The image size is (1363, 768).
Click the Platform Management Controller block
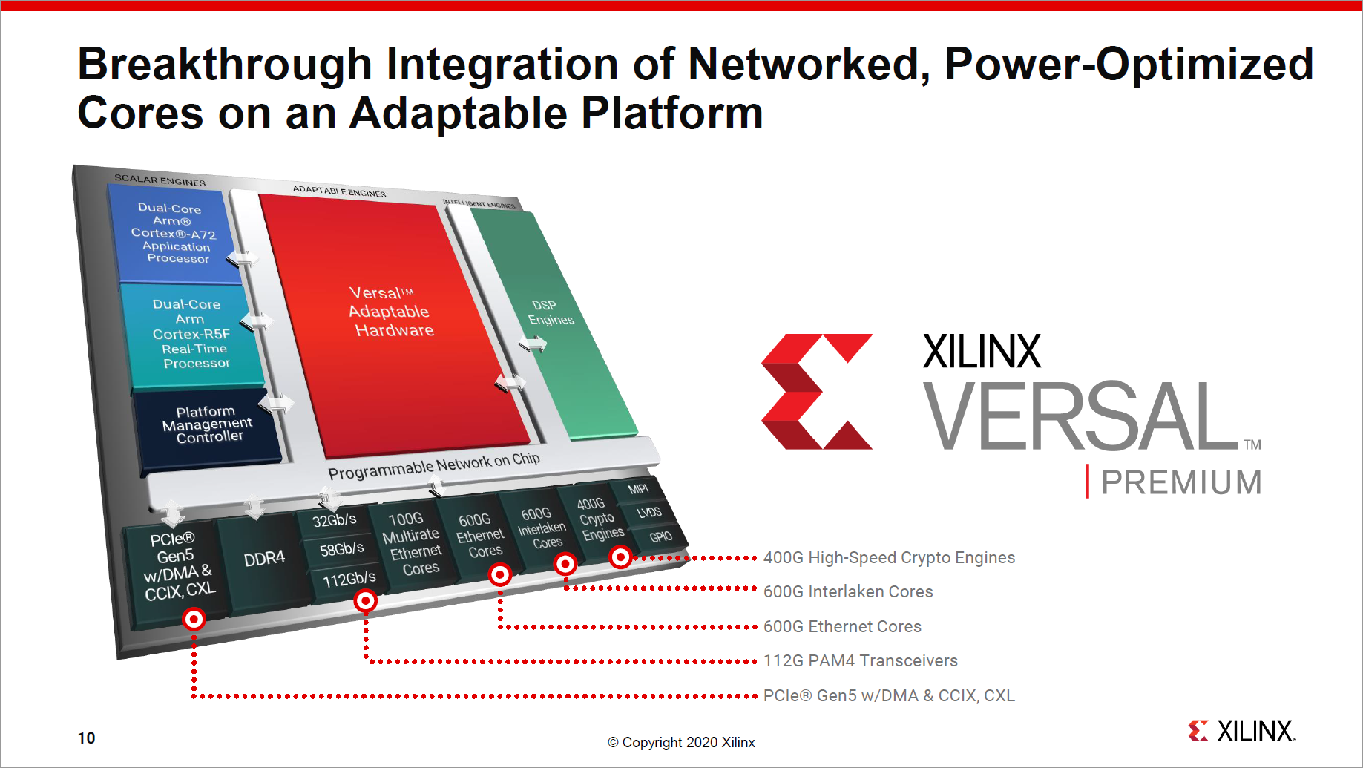click(207, 425)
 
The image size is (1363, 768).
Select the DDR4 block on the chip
click(264, 559)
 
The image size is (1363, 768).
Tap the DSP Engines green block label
click(550, 312)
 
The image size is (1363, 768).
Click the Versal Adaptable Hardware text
click(390, 312)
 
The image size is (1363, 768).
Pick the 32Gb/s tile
click(334, 520)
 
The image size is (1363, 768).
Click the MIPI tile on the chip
click(637, 489)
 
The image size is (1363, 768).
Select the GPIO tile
click(660, 536)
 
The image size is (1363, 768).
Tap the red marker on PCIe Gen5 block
click(194, 619)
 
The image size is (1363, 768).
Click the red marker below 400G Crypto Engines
click(620, 557)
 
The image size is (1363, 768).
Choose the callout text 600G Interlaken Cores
click(848, 591)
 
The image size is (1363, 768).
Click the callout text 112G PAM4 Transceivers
click(860, 660)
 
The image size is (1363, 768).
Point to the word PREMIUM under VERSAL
click(1181, 482)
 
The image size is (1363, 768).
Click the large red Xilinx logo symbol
click(816, 391)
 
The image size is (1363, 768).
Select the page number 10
click(86, 738)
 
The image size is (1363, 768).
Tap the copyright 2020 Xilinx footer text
click(681, 742)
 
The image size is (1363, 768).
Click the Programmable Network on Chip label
click(433, 465)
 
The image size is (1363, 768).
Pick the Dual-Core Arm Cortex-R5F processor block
click(191, 334)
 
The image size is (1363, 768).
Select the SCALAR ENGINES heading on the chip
click(160, 180)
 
